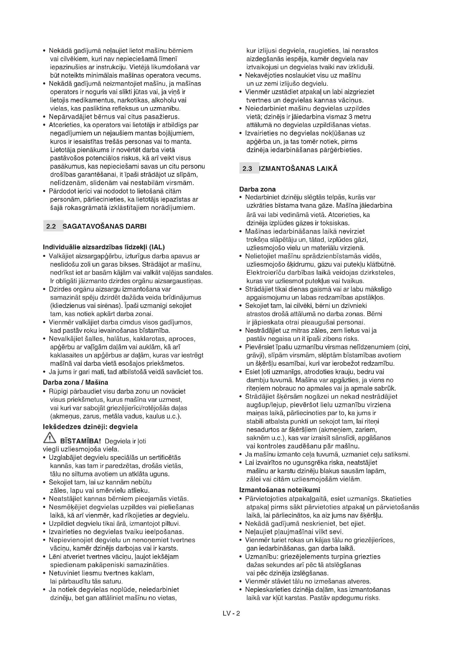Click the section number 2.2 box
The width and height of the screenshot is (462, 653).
51,226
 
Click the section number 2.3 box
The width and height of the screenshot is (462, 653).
247,169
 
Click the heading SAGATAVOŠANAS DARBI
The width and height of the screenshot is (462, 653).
104,226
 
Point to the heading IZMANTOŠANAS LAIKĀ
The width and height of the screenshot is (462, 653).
298,169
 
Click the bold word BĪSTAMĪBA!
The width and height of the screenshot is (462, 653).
81,441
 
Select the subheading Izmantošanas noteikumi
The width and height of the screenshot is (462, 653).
280,490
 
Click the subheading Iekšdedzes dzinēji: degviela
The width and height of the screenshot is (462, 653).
90,427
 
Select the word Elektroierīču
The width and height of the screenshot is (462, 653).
265,272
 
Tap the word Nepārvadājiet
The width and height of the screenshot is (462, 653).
68,117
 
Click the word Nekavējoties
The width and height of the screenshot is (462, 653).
264,75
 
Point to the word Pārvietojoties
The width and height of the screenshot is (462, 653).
267,499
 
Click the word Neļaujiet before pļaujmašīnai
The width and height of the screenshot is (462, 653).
258,532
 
